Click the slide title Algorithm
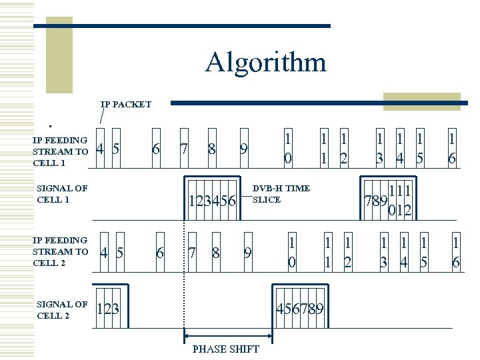click(x=265, y=63)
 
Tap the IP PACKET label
click(x=126, y=105)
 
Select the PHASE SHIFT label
click(x=225, y=349)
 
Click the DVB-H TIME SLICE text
click(x=281, y=194)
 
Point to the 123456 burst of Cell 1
click(x=213, y=200)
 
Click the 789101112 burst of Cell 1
click(x=387, y=200)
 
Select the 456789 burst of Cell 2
click(x=300, y=309)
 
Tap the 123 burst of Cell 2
click(x=108, y=309)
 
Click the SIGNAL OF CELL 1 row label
click(x=62, y=194)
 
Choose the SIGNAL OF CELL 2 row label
click(x=62, y=309)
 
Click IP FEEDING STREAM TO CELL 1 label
click(x=60, y=151)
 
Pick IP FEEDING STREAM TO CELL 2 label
click(x=60, y=251)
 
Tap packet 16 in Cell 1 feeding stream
click(x=452, y=149)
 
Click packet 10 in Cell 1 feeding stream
click(x=287, y=149)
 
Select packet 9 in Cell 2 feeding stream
click(x=247, y=253)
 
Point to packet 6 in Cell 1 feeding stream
click(x=155, y=149)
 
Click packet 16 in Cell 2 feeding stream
click(x=456, y=251)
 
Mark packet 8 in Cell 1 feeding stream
click(x=211, y=149)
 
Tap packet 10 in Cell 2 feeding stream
click(x=291, y=251)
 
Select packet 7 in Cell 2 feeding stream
click(x=192, y=253)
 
